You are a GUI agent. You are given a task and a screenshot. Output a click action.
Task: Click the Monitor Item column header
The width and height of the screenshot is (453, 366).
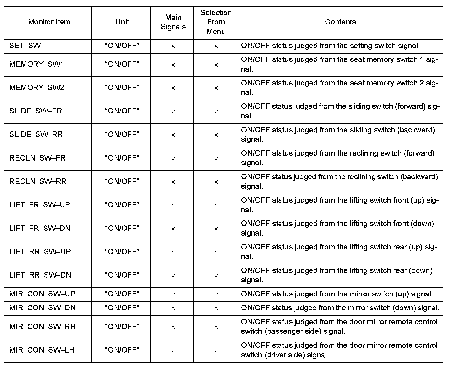49,22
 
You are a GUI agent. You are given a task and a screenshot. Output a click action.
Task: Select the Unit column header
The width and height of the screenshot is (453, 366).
122,22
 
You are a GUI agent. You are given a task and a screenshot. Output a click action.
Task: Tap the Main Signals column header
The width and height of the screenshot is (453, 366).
173,22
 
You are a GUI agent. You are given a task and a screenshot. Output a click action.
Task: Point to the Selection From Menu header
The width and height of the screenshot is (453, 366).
216,22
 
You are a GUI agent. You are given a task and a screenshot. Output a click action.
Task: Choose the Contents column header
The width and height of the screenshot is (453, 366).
340,22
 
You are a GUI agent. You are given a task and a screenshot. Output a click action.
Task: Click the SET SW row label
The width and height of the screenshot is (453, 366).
25,46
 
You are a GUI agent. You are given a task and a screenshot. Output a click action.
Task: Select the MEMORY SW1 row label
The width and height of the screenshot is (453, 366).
36,64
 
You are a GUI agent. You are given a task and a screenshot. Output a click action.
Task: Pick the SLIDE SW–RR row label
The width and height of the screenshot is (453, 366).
36,135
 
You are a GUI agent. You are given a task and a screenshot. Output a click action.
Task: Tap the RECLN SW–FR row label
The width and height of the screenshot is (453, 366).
37,158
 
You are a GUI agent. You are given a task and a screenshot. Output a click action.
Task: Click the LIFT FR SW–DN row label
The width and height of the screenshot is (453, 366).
40,228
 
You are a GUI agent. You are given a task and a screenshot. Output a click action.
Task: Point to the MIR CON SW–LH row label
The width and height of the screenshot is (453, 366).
42,350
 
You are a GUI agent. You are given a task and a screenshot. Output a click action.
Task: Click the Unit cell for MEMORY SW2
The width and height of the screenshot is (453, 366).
122,88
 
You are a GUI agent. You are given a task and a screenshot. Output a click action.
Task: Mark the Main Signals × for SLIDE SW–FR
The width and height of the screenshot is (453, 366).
173,112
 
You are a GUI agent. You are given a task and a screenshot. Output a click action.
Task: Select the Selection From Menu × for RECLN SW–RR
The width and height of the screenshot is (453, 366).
216,182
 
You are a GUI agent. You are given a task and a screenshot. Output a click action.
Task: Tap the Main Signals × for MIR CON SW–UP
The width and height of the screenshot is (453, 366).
173,294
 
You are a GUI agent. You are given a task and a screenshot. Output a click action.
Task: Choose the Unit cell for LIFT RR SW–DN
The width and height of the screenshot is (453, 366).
122,275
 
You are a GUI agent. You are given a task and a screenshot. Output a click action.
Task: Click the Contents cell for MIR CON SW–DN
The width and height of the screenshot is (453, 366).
340,308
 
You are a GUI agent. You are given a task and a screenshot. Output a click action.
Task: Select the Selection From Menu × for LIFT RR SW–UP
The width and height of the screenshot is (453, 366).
216,252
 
